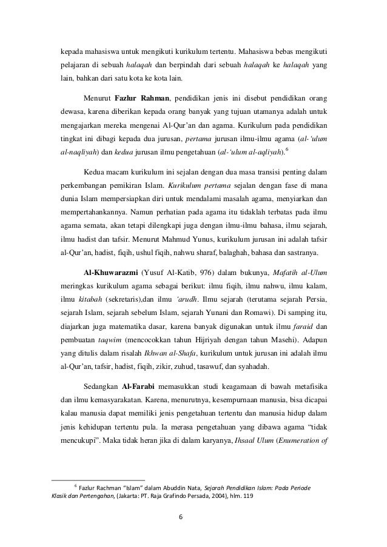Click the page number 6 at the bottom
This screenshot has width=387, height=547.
click(193, 516)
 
